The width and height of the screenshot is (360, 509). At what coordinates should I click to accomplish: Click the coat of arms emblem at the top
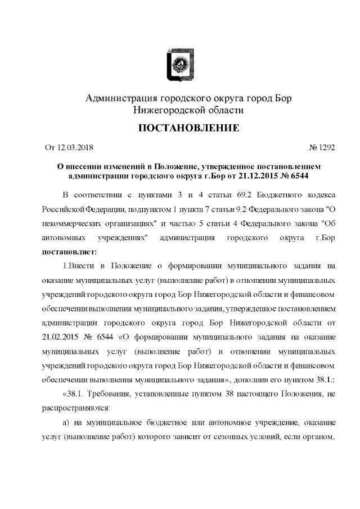pos(180,64)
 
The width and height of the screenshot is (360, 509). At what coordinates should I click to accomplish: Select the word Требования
pos(110,394)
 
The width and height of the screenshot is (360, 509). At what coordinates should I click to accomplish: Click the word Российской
pos(63,209)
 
